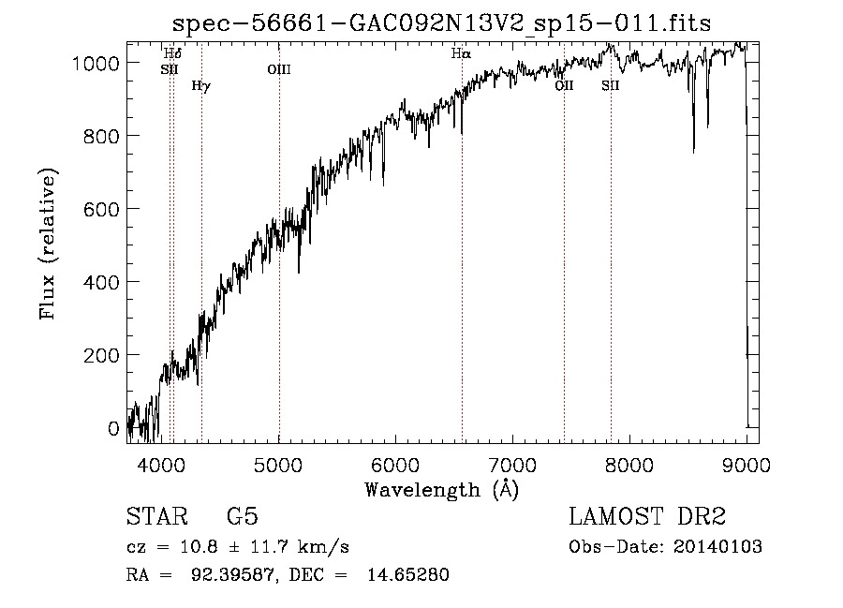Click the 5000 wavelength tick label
(279, 463)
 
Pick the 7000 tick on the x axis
(512, 463)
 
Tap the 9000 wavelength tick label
(746, 463)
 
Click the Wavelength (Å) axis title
(441, 488)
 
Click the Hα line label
(460, 54)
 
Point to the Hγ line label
(200, 86)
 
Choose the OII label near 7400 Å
(564, 85)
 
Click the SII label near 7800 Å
(611, 85)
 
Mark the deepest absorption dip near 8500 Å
(693, 150)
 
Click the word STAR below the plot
(157, 517)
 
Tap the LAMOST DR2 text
(647, 517)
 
